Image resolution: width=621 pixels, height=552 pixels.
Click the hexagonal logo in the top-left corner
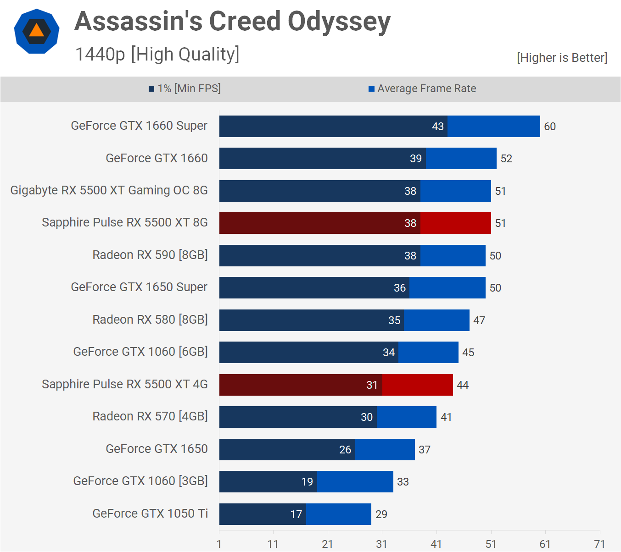pos(37,31)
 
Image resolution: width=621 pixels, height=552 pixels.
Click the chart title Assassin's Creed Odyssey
pos(232,22)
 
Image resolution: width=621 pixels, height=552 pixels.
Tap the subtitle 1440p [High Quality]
pos(157,54)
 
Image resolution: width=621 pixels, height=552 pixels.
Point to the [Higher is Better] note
pos(562,58)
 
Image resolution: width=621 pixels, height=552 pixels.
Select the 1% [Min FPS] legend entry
pos(185,88)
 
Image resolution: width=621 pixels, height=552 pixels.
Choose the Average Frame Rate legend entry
pos(422,88)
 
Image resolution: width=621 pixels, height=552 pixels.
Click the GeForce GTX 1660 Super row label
pos(139,126)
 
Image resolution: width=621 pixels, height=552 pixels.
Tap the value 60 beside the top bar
pos(550,127)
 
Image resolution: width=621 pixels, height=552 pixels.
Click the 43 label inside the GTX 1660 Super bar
pos(438,127)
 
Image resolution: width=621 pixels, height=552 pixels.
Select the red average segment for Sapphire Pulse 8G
pos(455,223)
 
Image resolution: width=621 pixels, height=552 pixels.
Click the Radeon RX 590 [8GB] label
pos(150,255)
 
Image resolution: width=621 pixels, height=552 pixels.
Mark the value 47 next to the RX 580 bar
pos(479,320)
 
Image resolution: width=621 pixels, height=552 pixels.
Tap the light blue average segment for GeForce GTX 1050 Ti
pos(339,514)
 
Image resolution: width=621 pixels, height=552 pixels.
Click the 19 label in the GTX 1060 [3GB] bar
pos(307,482)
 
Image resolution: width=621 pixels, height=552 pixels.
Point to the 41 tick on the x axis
pos(436,544)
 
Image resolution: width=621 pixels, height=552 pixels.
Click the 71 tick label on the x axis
pos(599,544)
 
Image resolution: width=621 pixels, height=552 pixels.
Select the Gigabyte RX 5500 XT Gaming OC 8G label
pos(109,190)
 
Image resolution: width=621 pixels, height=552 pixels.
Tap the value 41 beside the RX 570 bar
pos(446,417)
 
